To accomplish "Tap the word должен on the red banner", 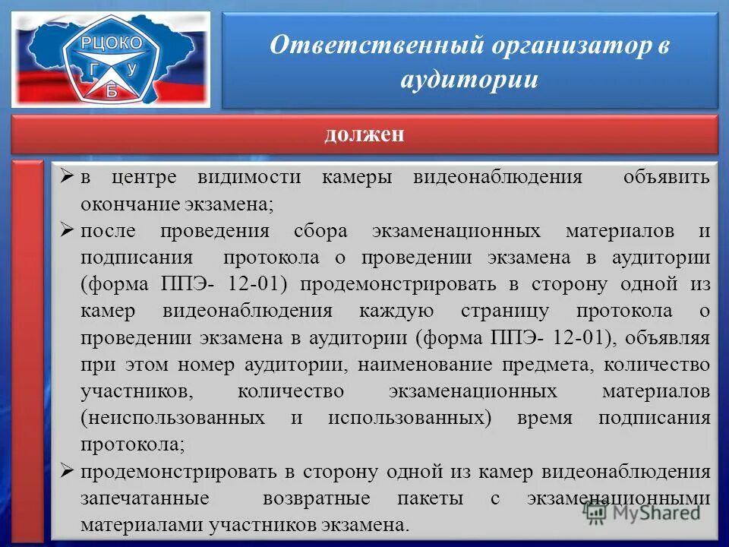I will pyautogui.click(x=364, y=134).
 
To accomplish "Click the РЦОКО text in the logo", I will pyautogui.click(x=115, y=44).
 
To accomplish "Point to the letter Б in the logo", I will pyautogui.click(x=113, y=90).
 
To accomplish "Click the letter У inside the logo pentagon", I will pyautogui.click(x=133, y=69).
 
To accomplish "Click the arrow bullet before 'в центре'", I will pyautogui.click(x=66, y=178).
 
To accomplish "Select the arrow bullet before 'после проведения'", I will pyautogui.click(x=66, y=230).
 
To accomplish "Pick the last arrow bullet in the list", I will pyautogui.click(x=66, y=471).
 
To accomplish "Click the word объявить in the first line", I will pyautogui.click(x=667, y=178).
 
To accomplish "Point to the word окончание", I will pyautogui.click(x=129, y=204).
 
